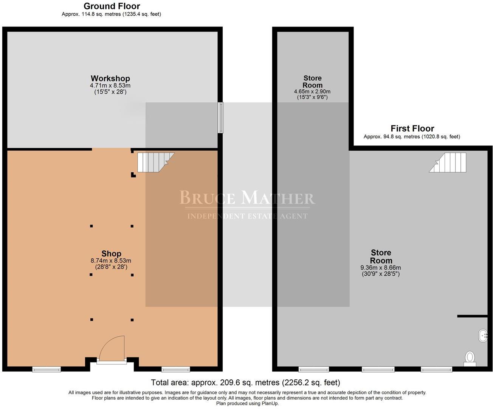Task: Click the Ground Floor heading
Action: pyautogui.click(x=112, y=6)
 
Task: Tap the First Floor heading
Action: pyautogui.click(x=412, y=128)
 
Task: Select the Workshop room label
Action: pyautogui.click(x=110, y=78)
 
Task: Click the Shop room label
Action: pyautogui.click(x=111, y=254)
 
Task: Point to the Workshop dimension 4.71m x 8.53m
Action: pyautogui.click(x=110, y=86)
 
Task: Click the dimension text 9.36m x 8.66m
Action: pyautogui.click(x=381, y=267)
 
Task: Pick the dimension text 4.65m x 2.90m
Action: pyautogui.click(x=312, y=91)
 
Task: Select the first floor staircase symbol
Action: pyautogui.click(x=448, y=162)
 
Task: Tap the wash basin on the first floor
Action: pyautogui.click(x=483, y=336)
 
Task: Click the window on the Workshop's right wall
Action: pyautogui.click(x=220, y=117)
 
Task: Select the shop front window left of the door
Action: pyautogui.click(x=47, y=369)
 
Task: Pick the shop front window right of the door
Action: pyautogui.click(x=175, y=369)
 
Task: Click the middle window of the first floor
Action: pyautogui.click(x=378, y=369)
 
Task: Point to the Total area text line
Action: pyautogui.click(x=245, y=382)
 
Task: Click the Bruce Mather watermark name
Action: pyautogui.click(x=246, y=198)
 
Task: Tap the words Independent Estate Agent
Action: pyautogui.click(x=247, y=216)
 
